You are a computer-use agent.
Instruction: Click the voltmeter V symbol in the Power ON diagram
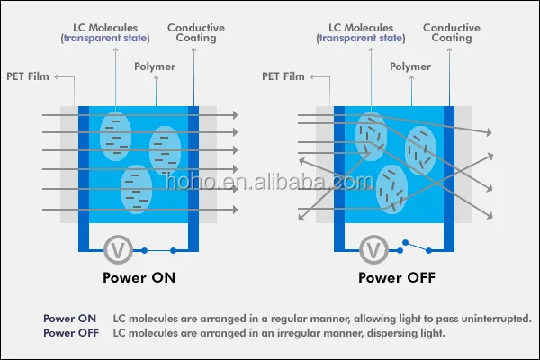pos(115,248)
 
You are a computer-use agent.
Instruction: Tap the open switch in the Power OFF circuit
pos(416,246)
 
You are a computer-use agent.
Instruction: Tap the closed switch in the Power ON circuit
pos(158,249)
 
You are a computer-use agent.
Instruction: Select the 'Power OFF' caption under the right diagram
pos(397,277)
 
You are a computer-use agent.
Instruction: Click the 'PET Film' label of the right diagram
pos(282,77)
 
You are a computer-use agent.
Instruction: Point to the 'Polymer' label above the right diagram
pos(412,67)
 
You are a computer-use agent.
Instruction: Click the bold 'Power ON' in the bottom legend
pos(69,319)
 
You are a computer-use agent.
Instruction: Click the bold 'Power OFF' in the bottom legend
pos(71,333)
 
